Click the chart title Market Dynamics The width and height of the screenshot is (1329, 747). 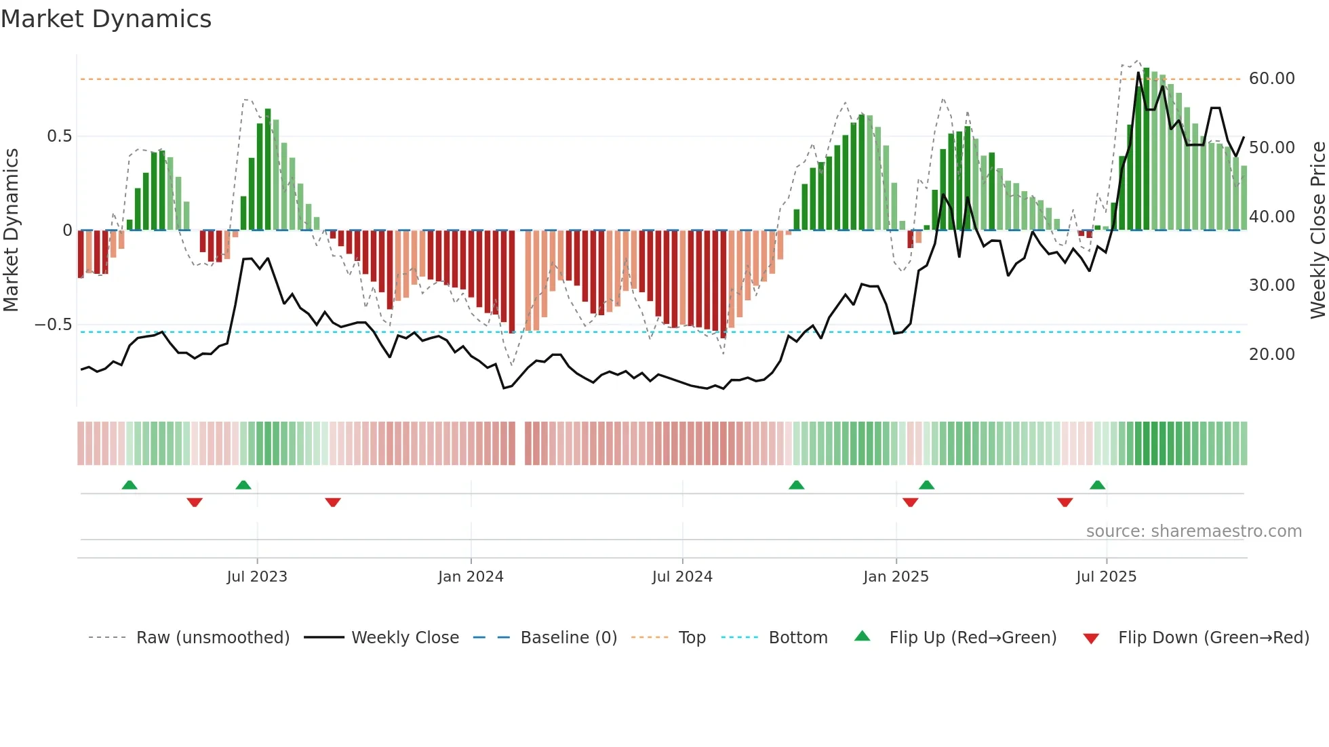(106, 19)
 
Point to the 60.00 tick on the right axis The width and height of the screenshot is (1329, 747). (1271, 79)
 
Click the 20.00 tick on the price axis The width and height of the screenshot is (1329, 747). (1271, 355)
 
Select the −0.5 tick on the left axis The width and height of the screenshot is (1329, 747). (53, 325)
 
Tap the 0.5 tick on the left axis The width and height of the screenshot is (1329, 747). (59, 136)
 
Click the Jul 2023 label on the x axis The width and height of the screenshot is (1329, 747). (257, 577)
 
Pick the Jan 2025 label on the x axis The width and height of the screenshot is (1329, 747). (896, 577)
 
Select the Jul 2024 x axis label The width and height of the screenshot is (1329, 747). (682, 577)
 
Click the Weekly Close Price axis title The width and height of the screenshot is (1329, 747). (1317, 230)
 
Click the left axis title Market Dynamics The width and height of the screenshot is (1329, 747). (11, 230)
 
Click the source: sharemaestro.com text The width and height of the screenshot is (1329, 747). (1193, 531)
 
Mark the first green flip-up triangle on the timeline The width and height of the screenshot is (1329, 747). (130, 485)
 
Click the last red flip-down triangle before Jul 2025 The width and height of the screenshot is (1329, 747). (1065, 502)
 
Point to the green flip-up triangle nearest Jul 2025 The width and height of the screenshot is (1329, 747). (1097, 485)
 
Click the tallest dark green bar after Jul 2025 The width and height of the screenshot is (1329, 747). (1146, 149)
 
